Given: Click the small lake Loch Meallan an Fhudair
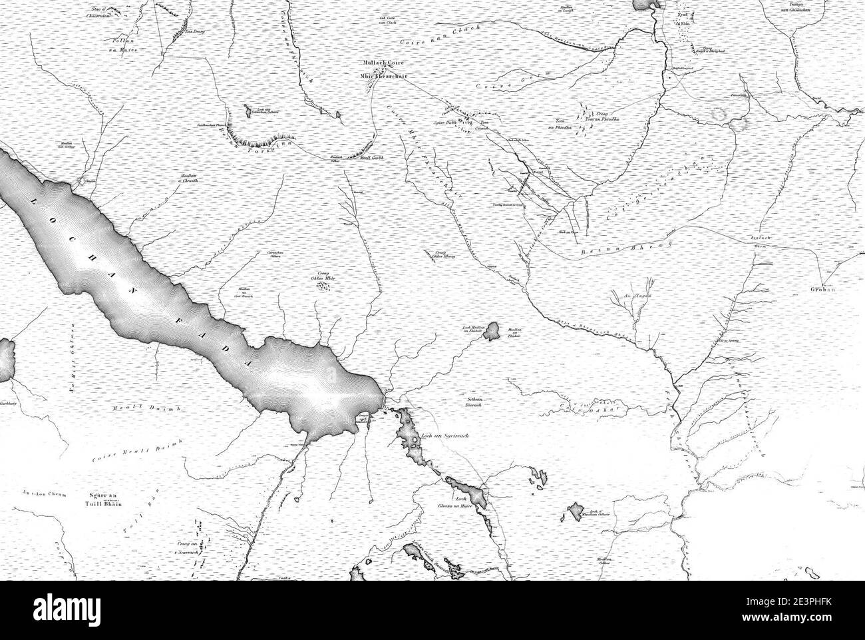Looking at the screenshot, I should (x=493, y=330).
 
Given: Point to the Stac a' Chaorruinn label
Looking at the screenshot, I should (x=110, y=10).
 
